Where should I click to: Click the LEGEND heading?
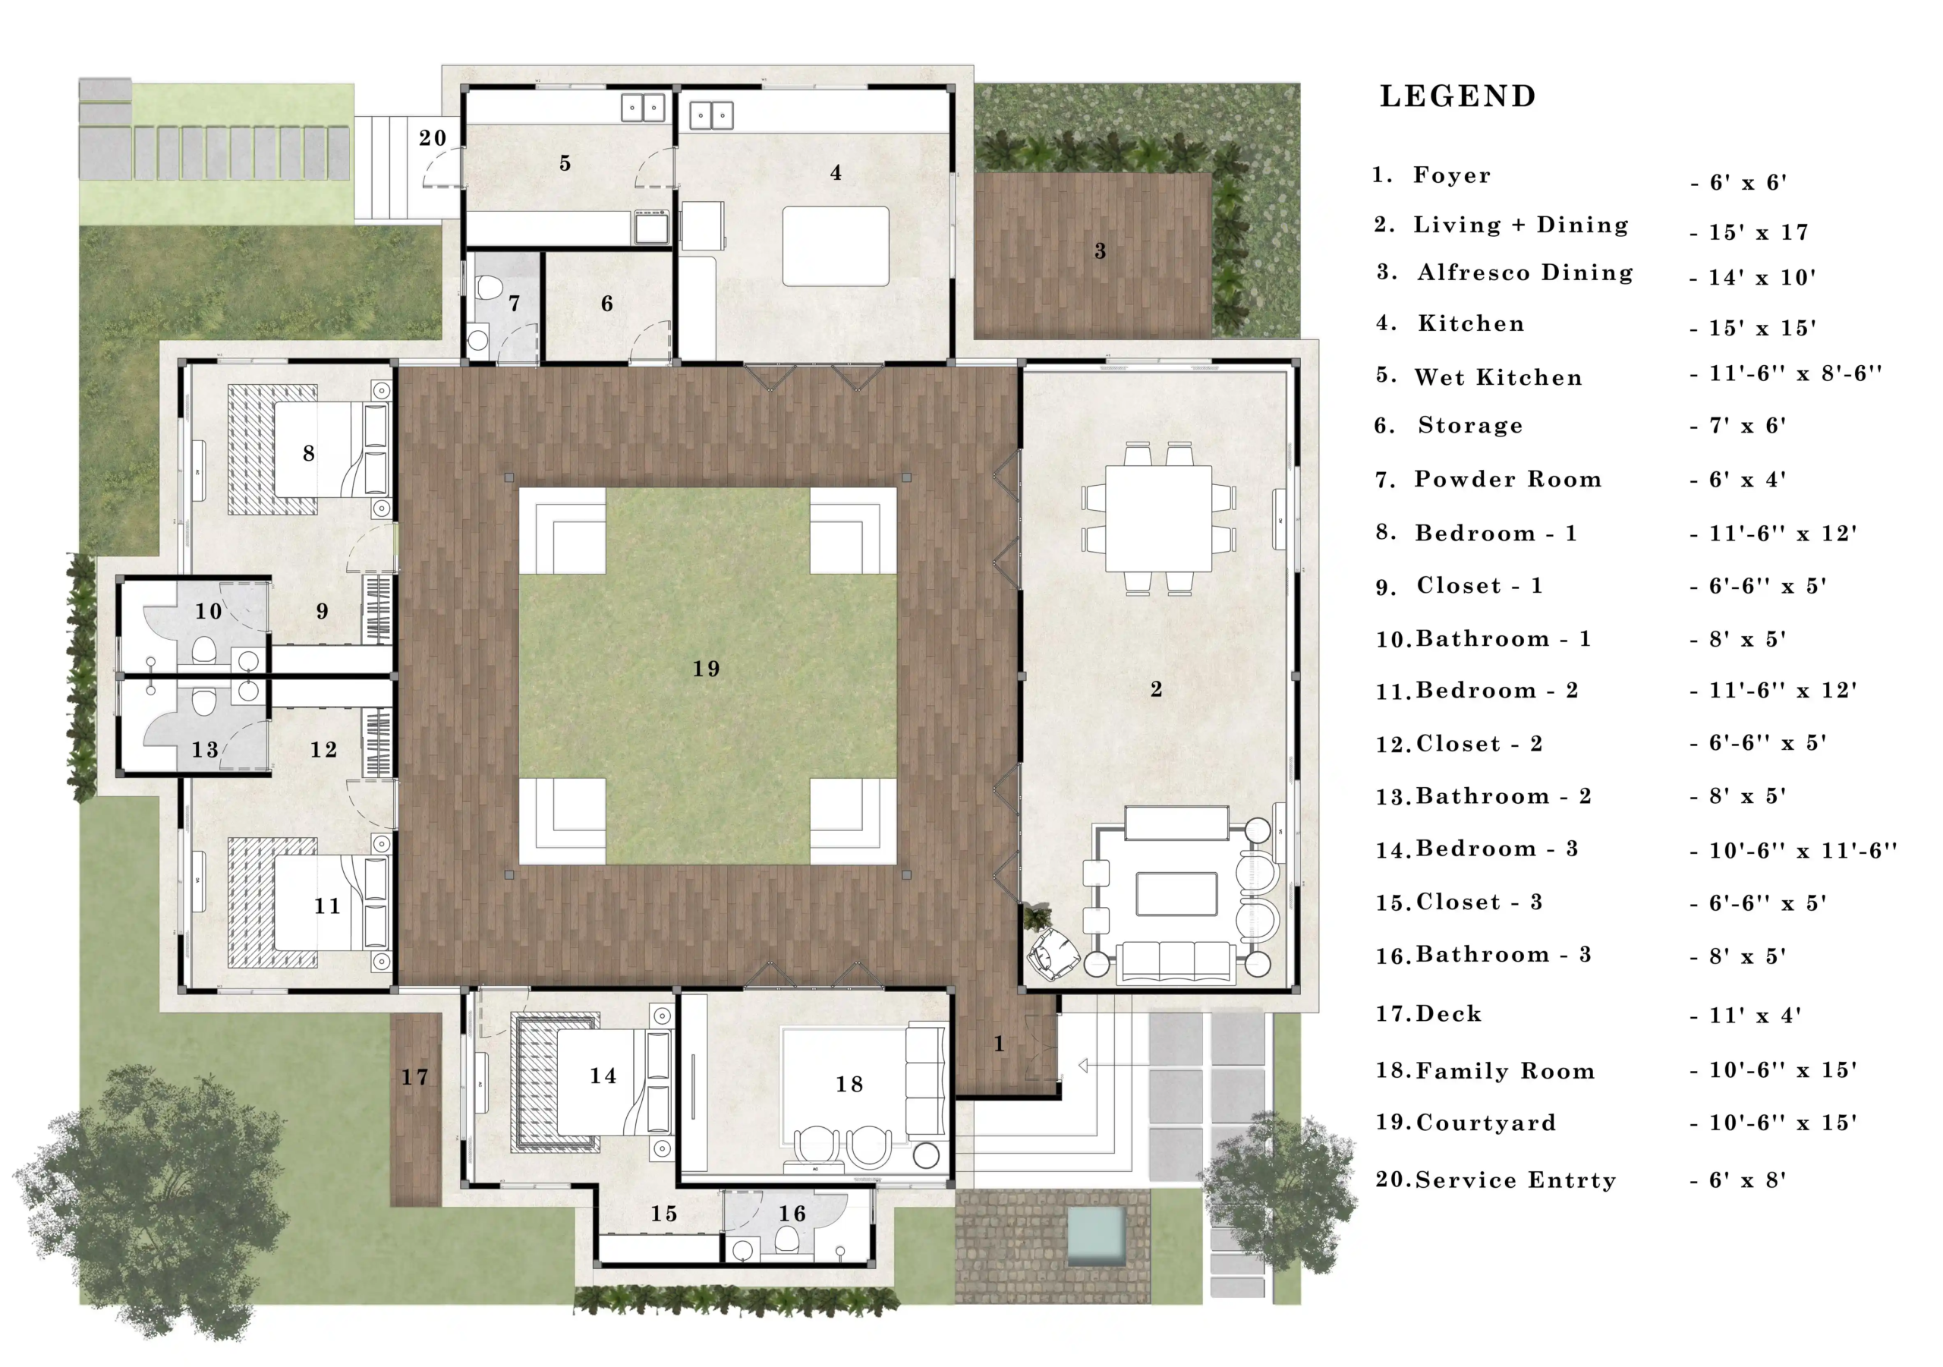tap(1457, 96)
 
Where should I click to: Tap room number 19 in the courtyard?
tap(706, 669)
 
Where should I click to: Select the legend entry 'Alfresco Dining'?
tap(1525, 272)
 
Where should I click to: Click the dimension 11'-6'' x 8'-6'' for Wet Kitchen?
tap(1794, 373)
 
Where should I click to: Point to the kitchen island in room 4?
tap(835, 247)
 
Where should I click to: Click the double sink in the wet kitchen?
tap(643, 109)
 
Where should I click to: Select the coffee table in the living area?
tap(1176, 895)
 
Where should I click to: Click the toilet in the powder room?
tap(489, 288)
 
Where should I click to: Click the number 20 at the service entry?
tap(433, 138)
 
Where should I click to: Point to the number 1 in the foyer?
tap(999, 1044)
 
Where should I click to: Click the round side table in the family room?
tap(926, 1155)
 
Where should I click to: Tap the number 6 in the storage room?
tap(606, 304)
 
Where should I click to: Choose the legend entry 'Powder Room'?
tap(1508, 479)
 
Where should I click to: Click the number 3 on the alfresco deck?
tap(1099, 250)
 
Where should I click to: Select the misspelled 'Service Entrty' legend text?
tap(1516, 1180)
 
